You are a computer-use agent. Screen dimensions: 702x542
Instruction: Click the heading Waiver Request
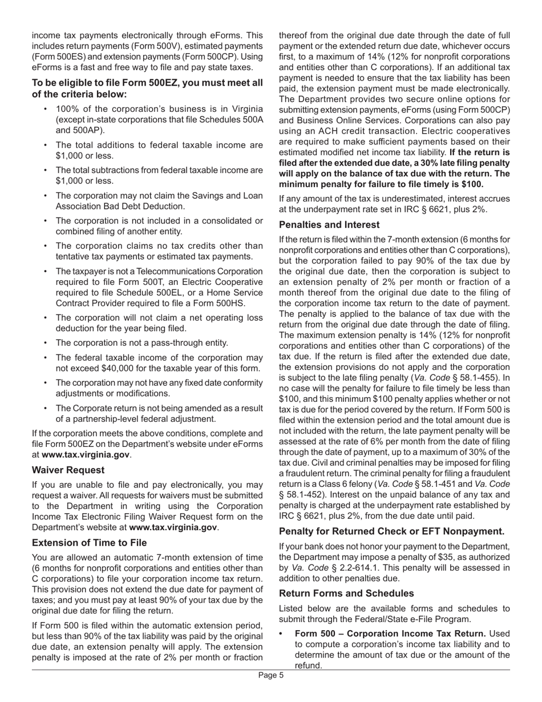click(68, 470)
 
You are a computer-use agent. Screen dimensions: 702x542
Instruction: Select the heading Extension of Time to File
click(90, 543)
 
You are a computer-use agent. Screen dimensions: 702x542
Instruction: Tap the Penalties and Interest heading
click(329, 224)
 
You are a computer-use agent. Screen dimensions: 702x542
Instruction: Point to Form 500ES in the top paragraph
click(59, 56)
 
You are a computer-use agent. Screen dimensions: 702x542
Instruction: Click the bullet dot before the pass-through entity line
click(45, 343)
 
